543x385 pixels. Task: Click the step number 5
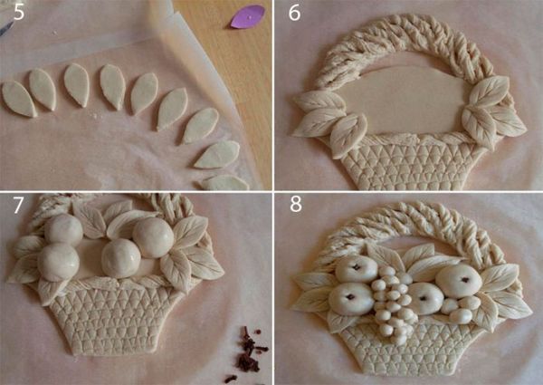[x=19, y=13]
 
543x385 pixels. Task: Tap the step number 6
[x=294, y=13]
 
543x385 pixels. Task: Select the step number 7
[x=17, y=205]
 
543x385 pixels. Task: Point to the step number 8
[x=296, y=205]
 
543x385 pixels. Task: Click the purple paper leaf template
[x=248, y=16]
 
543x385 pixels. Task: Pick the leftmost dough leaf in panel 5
[x=19, y=99]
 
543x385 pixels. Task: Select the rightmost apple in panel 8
[x=459, y=281]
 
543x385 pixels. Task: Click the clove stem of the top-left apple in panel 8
[x=356, y=267]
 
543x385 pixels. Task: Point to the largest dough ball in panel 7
[x=153, y=237]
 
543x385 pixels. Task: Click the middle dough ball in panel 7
[x=120, y=258]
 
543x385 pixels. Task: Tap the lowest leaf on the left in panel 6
[x=348, y=135]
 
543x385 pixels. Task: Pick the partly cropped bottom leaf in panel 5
[x=225, y=183]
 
